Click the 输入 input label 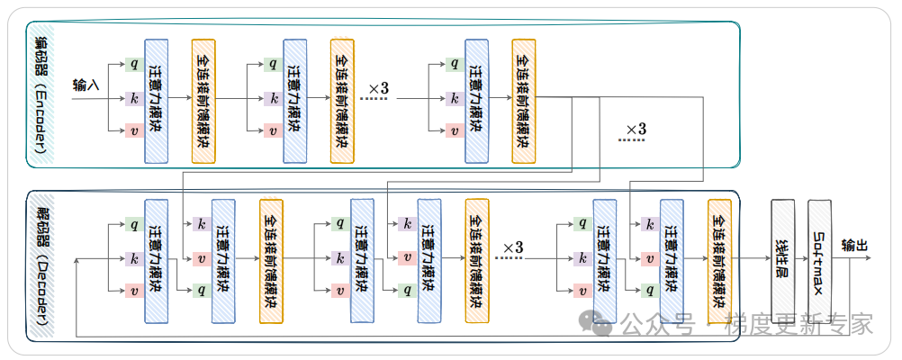[86, 85]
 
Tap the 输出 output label [854, 245]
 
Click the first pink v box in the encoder [134, 130]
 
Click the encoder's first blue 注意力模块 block [157, 101]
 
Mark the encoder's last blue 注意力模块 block [477, 101]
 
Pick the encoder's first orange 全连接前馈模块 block [203, 101]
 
